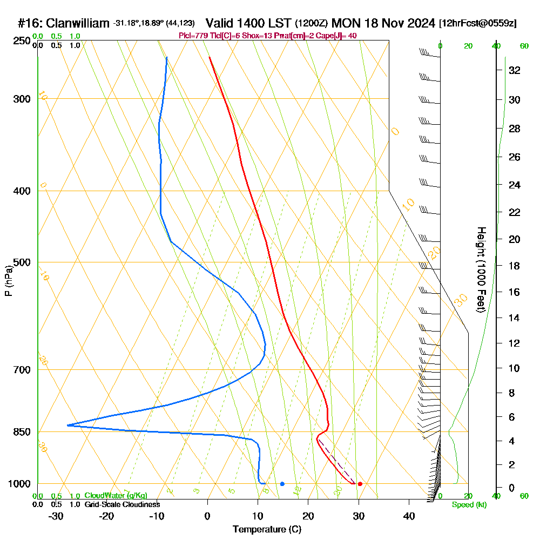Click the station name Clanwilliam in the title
pos(78,23)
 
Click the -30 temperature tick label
pos(56,516)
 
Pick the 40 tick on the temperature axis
pos(409,516)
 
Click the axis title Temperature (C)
pos(267,529)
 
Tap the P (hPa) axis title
pos(8,281)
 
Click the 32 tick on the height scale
pos(514,70)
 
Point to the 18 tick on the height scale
pos(514,266)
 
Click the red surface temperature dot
pos(360,484)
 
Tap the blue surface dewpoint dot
pos(282,484)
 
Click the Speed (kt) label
pos(469,505)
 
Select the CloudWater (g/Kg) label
pos(116,496)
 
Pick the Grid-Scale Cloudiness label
pos(122,504)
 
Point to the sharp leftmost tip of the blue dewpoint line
pos(67,426)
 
